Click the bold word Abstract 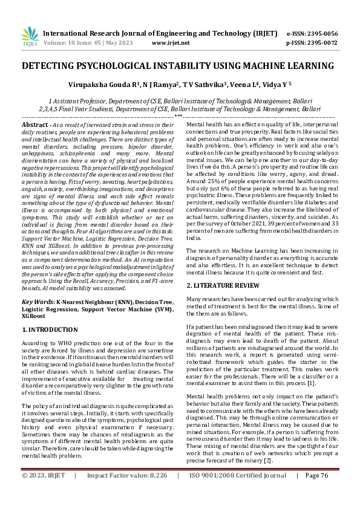coord(36,124)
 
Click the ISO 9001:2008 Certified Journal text coord(237,493)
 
